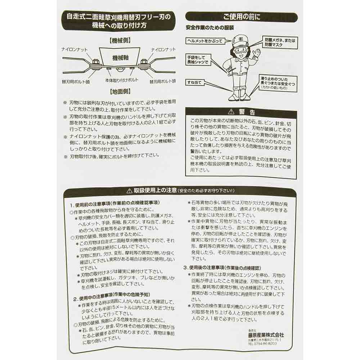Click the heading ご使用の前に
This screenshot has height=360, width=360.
[241, 17]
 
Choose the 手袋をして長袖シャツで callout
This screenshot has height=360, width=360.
[198, 60]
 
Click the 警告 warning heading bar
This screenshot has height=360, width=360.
[241, 112]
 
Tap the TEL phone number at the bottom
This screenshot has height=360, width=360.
[262, 343]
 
